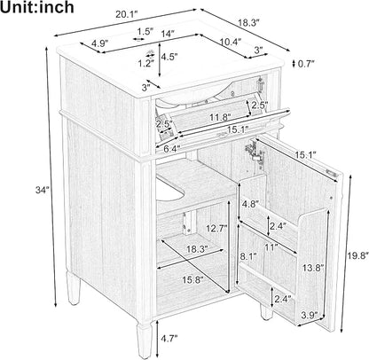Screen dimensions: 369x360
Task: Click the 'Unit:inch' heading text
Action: (36, 8)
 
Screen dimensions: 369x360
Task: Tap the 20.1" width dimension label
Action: (127, 15)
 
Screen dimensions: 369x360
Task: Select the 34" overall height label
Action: (42, 191)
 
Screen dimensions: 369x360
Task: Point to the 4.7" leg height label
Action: (169, 338)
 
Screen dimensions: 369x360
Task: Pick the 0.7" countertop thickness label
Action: (306, 64)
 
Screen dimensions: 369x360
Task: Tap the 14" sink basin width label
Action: (167, 34)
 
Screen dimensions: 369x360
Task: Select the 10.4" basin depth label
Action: (231, 42)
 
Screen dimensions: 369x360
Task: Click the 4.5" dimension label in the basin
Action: (169, 57)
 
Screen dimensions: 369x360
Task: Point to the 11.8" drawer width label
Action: (220, 118)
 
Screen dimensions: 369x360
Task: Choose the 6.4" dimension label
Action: (172, 149)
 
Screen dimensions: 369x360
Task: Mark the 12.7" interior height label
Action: (216, 228)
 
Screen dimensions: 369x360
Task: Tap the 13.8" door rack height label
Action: (313, 268)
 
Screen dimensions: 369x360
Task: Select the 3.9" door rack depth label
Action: (310, 315)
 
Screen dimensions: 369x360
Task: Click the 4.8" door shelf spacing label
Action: (250, 203)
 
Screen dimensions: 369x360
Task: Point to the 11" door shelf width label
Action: (271, 247)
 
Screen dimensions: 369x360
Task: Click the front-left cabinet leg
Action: (145, 340)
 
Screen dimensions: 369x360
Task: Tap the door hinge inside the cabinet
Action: (255, 151)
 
